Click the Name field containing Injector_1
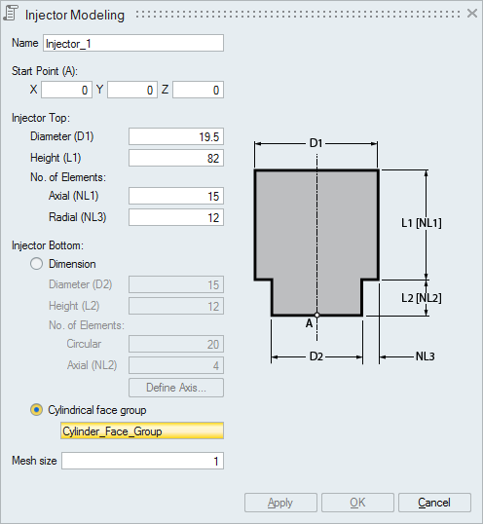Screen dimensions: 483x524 click(x=133, y=43)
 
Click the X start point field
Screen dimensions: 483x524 click(x=66, y=90)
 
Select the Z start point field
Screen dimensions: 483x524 click(x=198, y=90)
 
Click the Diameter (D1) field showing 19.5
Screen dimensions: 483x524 click(x=176, y=136)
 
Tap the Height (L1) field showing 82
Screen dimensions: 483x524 click(x=176, y=158)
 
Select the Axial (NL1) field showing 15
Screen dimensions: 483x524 click(x=176, y=196)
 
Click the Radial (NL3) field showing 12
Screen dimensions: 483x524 click(x=176, y=217)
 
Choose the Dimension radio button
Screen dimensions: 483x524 click(x=36, y=264)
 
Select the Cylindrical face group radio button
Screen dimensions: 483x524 click(x=36, y=410)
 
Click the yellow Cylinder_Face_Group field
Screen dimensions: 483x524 click(x=142, y=430)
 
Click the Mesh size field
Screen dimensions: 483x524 click(x=142, y=461)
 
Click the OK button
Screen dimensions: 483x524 click(x=357, y=503)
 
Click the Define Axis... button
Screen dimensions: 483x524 click(x=176, y=388)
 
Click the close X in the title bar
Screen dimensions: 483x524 click(x=472, y=14)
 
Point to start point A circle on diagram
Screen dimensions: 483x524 click(x=317, y=315)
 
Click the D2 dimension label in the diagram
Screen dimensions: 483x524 click(x=316, y=356)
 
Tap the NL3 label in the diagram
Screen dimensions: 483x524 click(x=425, y=356)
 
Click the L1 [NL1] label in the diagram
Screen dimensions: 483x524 click(x=422, y=223)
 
